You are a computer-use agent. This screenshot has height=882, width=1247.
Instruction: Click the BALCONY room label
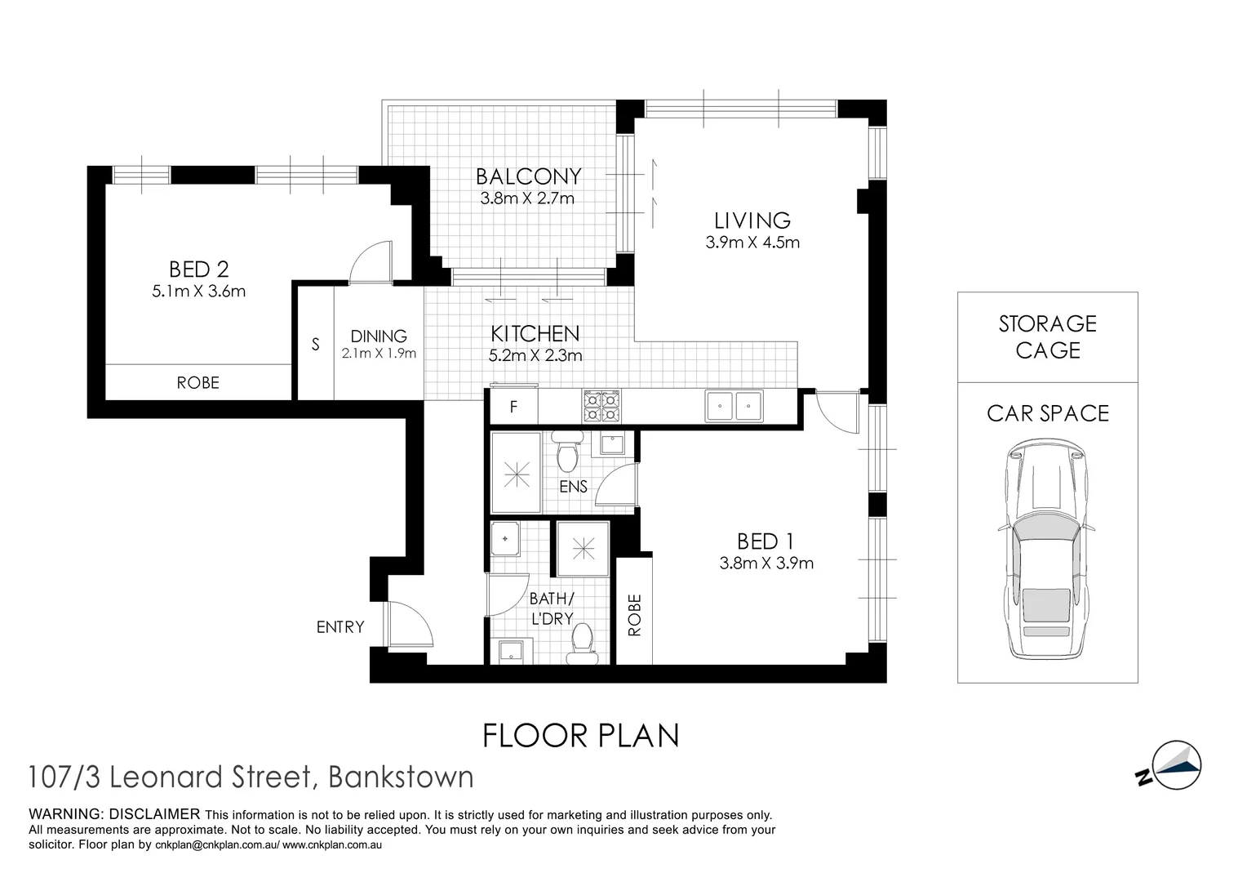528,176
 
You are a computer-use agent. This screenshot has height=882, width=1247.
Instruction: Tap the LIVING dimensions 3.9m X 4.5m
752,243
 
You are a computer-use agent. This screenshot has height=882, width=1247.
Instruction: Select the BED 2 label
198,269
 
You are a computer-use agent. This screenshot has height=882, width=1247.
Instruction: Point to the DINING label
379,336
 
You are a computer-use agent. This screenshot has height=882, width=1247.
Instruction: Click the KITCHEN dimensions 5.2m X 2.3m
535,355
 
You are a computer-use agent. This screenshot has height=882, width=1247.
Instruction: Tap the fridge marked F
513,407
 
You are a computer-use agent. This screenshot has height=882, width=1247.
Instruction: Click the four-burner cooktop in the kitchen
601,406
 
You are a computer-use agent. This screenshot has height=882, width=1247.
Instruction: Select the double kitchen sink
734,406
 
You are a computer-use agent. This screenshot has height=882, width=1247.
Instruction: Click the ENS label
573,487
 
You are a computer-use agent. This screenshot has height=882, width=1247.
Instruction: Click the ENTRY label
340,627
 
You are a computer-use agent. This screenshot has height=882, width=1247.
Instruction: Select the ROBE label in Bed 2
198,382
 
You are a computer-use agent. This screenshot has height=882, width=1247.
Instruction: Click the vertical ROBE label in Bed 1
635,615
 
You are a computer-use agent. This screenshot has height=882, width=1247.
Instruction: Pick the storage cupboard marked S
315,345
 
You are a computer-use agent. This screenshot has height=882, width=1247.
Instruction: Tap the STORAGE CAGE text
1047,336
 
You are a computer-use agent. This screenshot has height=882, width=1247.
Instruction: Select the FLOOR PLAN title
581,736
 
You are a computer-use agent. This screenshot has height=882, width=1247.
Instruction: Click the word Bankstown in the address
400,777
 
